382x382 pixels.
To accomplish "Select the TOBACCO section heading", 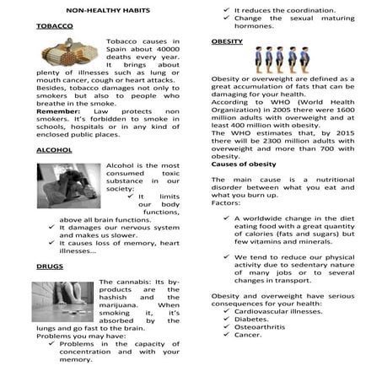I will click(x=54, y=27).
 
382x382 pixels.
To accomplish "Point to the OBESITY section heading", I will click(x=227, y=40).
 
